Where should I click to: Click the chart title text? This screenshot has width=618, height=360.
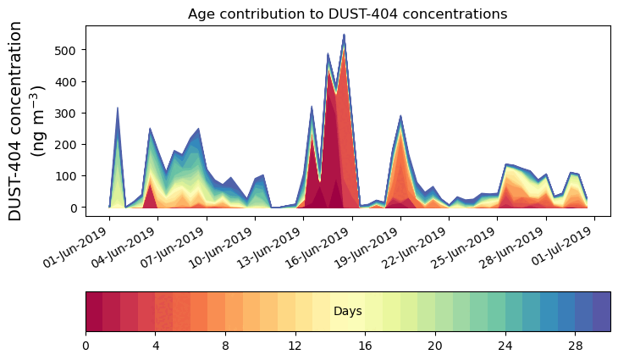(347, 14)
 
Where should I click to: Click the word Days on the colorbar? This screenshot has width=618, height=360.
(347, 312)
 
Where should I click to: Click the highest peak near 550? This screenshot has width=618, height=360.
(344, 36)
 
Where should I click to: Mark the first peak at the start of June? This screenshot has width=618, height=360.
(118, 108)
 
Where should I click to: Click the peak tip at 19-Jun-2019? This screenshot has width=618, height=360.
(400, 117)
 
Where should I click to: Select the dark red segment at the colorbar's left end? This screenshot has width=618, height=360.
(93, 311)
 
